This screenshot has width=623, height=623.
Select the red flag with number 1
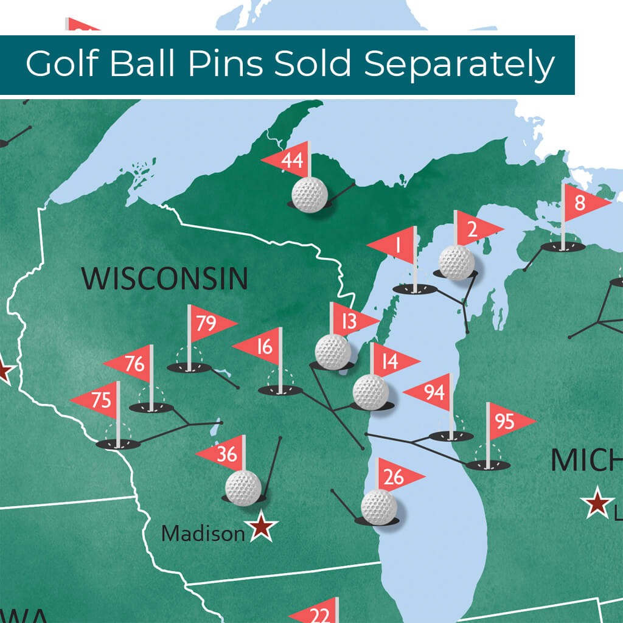point(395,246)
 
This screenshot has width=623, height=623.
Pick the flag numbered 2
point(475,229)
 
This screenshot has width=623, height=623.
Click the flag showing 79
point(209,323)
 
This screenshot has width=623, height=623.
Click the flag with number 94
point(431,392)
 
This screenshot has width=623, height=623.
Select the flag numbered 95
point(507,420)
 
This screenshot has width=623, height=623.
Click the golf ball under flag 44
point(310,195)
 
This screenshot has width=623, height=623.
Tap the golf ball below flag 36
point(243,487)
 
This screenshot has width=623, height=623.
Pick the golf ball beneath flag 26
point(378,507)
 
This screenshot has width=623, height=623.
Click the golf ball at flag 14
point(370,392)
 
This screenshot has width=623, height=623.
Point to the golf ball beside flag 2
point(456,262)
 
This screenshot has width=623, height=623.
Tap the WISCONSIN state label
point(165,278)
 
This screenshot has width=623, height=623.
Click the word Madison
point(203,534)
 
